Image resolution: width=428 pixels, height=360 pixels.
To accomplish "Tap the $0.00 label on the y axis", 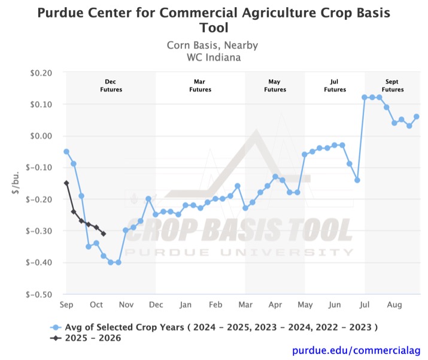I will click(43, 136).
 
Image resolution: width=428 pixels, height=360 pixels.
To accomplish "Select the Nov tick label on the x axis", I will click(126, 305).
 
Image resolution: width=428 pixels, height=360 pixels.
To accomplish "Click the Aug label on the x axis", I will click(394, 305).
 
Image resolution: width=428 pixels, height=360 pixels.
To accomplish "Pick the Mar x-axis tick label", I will click(245, 305).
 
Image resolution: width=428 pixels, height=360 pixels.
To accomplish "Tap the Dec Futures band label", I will click(111, 85).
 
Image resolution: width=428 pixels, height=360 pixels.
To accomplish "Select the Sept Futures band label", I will click(393, 85).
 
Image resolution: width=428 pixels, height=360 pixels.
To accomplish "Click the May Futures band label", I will click(274, 85).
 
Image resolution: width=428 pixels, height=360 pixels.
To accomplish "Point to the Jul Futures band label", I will click(335, 85).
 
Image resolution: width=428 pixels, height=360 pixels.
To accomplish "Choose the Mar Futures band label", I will click(200, 85).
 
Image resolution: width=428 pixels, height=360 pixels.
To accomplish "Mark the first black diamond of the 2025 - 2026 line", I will click(66, 183).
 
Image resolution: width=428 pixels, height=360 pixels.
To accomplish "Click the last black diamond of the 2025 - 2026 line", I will click(104, 234).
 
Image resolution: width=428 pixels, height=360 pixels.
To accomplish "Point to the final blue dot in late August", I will click(417, 117).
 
